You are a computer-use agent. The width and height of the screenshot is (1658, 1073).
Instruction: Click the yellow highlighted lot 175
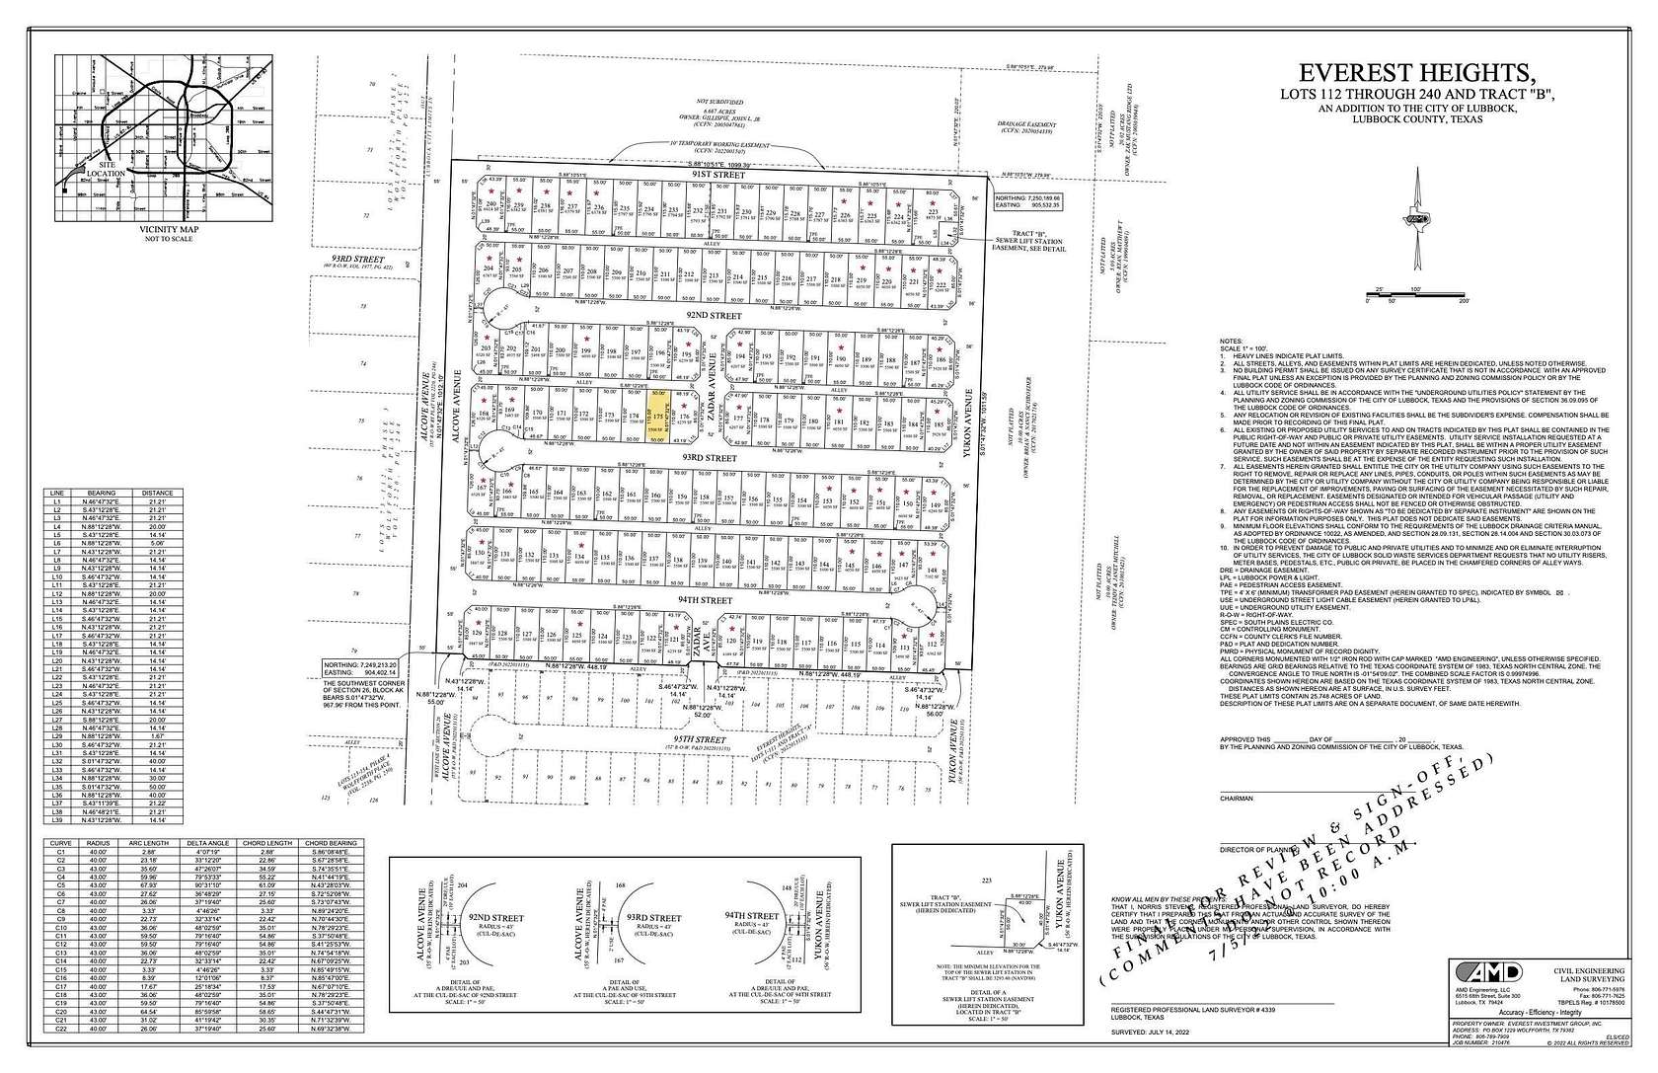click(658, 418)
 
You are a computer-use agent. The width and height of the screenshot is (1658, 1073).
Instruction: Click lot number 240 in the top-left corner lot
click(491, 203)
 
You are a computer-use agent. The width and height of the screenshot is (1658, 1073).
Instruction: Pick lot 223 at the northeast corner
click(934, 211)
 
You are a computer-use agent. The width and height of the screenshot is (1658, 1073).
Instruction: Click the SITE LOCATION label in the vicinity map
click(106, 169)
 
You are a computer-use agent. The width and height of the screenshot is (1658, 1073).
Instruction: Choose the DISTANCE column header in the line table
click(156, 493)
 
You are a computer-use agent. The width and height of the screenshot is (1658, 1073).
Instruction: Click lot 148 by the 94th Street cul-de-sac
click(932, 571)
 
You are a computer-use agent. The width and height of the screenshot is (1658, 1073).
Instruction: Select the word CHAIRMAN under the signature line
click(1237, 799)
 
